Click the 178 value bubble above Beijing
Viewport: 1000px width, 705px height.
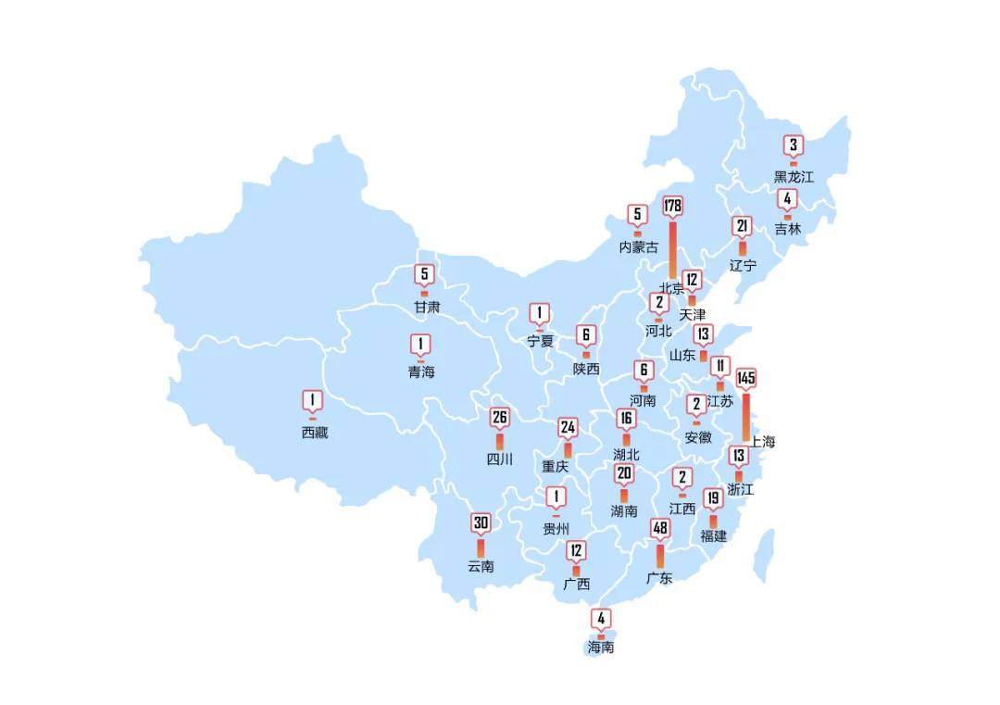[672, 206]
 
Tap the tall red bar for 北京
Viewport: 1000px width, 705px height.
[672, 248]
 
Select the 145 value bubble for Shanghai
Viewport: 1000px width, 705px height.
[746, 378]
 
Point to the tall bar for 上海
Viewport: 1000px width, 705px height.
[746, 417]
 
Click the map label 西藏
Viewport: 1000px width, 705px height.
[315, 433]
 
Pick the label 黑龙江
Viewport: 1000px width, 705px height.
[794, 176]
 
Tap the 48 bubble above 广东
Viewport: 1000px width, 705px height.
[660, 529]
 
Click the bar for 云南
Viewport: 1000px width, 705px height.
[481, 548]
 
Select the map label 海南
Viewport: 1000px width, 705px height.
[601, 648]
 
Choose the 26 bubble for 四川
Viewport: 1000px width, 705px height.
[500, 418]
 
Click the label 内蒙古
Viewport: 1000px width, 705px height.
[639, 247]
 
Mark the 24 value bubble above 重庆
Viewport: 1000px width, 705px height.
[568, 427]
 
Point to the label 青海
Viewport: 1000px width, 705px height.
[421, 372]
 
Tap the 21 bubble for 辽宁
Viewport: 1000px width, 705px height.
[742, 226]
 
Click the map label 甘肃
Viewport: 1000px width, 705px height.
[427, 307]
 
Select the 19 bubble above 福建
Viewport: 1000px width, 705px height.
[713, 498]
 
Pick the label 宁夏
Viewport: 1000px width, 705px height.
[540, 341]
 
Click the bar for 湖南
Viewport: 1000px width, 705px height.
[624, 496]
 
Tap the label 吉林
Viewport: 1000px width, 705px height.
[788, 229]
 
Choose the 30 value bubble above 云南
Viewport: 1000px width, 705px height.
[481, 523]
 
